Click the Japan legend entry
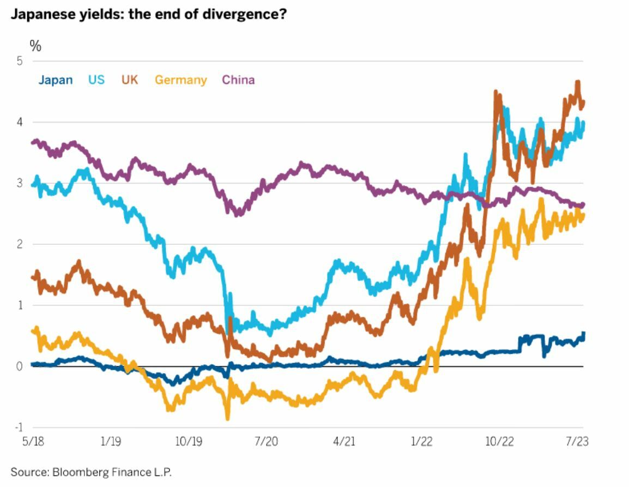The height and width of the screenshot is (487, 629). pos(55,80)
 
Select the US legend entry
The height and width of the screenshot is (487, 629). pos(96,80)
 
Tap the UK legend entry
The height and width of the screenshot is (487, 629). pos(130,80)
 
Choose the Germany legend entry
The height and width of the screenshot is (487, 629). pos(181,80)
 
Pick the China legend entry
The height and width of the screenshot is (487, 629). pos(238,80)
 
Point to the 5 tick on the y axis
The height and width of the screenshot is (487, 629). pos(20,61)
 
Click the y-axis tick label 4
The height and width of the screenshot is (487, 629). pos(20,122)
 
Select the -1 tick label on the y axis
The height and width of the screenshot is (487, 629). pos(18,428)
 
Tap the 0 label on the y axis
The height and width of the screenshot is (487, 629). pos(20,366)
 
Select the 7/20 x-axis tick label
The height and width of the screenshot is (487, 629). pos(265,441)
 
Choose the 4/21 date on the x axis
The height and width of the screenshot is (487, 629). pos(343,441)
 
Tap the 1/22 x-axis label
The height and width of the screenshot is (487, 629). pos(421,441)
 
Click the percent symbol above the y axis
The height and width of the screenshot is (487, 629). pos(35,46)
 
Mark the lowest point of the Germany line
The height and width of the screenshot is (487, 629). pos(227,419)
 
